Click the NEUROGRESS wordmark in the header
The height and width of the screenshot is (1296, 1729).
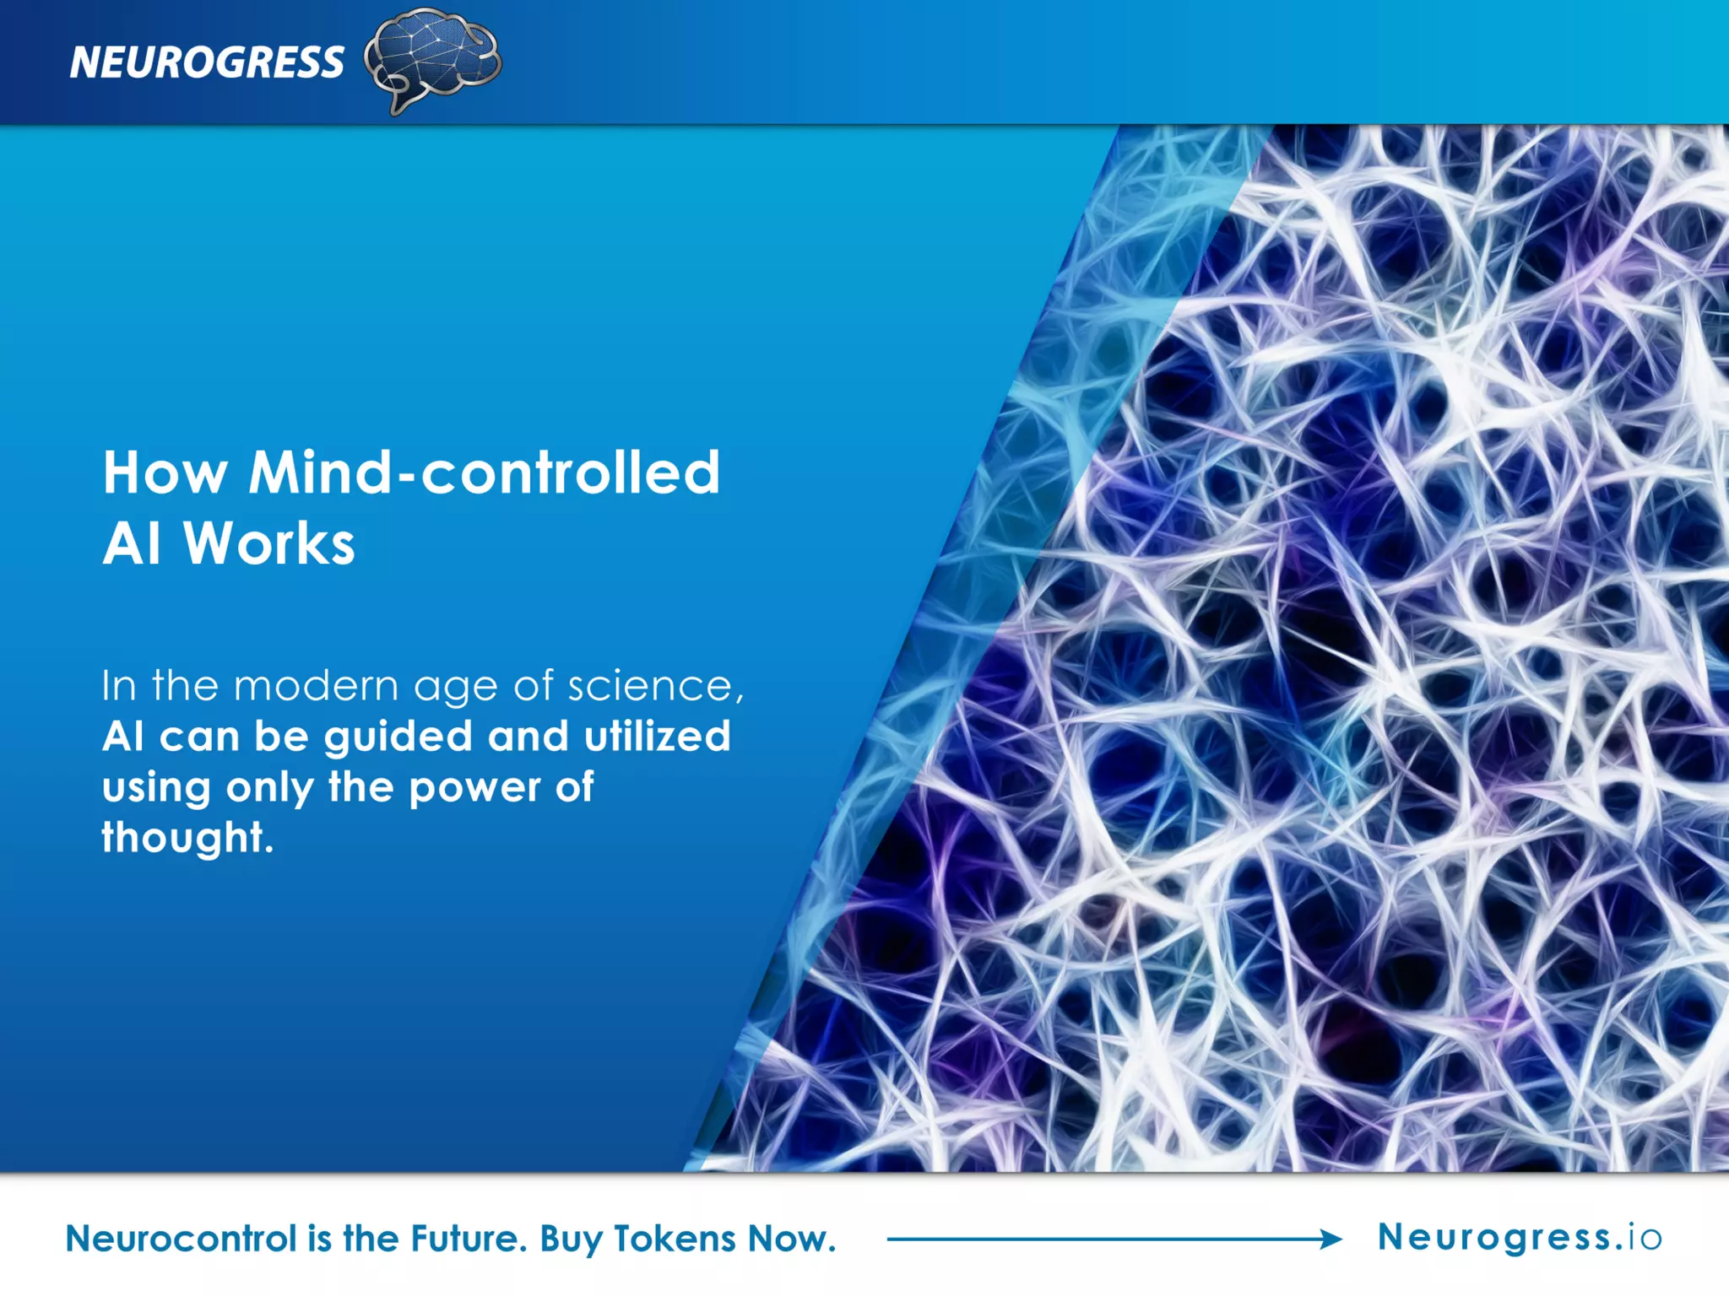pyautogui.click(x=207, y=62)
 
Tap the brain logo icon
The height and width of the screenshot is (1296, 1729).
pyautogui.click(x=433, y=59)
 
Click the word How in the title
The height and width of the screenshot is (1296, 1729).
pyautogui.click(x=165, y=472)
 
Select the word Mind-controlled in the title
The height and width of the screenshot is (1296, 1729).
pyautogui.click(x=485, y=472)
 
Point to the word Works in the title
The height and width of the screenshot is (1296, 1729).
pyautogui.click(x=269, y=543)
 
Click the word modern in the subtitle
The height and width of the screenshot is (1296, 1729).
pyautogui.click(x=316, y=685)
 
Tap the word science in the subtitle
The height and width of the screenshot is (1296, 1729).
pyautogui.click(x=653, y=685)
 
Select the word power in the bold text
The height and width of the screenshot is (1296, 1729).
pyautogui.click(x=474, y=788)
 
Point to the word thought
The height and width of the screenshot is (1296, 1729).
pyautogui.click(x=187, y=838)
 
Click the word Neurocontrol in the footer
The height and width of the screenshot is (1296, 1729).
pyautogui.click(x=182, y=1239)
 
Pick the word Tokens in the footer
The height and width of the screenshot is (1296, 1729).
pyautogui.click(x=675, y=1239)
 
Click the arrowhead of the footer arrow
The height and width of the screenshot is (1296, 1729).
pyautogui.click(x=1331, y=1239)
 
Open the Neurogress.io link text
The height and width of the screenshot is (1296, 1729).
pyautogui.click(x=1520, y=1238)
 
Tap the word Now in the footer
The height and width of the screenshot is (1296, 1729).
pyautogui.click(x=792, y=1239)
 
